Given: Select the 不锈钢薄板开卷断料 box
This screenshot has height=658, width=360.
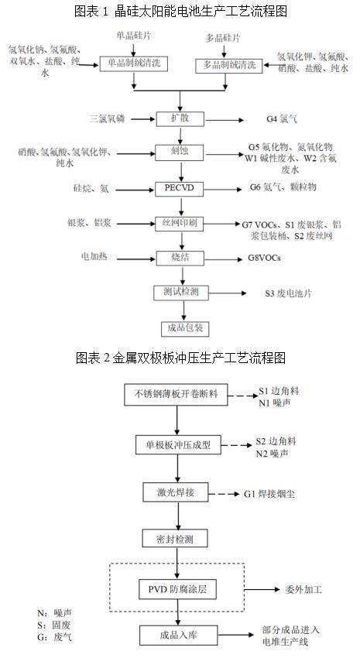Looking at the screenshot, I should point(177,394).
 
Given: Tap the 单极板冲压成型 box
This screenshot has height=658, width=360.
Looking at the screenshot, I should point(178,444).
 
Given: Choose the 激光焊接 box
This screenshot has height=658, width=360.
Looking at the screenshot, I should point(177,492).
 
